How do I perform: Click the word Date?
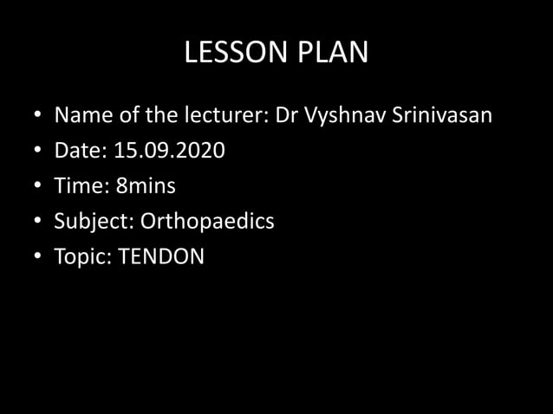[80, 152]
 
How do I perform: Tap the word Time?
[81, 186]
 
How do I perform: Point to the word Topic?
[81, 257]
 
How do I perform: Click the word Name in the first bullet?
[81, 116]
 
